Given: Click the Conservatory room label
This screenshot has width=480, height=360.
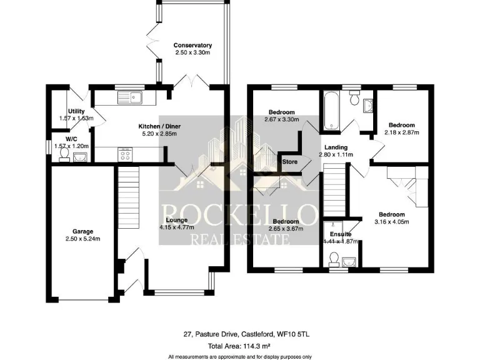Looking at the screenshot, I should (192, 46).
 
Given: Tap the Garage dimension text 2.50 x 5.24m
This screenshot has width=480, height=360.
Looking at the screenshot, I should (78, 239).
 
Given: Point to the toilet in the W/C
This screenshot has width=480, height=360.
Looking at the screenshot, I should (63, 157).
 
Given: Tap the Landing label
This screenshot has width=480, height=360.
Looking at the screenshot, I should (336, 147).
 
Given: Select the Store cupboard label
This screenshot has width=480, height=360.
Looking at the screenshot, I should (290, 162).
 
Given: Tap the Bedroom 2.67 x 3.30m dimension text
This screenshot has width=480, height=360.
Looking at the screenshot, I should (281, 119).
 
